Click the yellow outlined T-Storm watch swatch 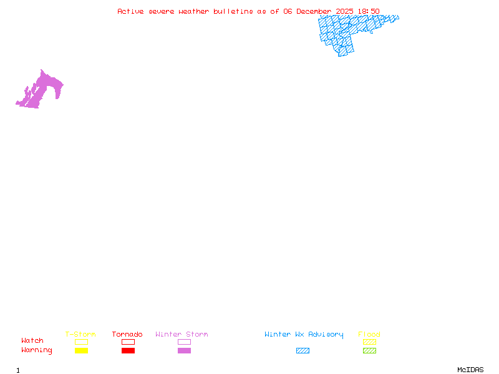(x=81, y=342)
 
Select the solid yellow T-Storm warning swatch (x=81, y=351)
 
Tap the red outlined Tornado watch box (x=128, y=342)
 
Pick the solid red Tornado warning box (x=128, y=351)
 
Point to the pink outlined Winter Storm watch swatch (x=184, y=342)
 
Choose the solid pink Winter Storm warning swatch (x=184, y=351)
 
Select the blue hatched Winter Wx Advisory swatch (x=303, y=351)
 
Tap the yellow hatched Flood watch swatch (x=369, y=342)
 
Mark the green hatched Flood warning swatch (x=369, y=351)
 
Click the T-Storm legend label (x=80, y=335)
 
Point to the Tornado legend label (x=127, y=335)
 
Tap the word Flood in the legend (x=369, y=335)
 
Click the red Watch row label (x=32, y=341)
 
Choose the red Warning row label (x=37, y=350)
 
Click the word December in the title (x=314, y=11)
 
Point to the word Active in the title (x=131, y=11)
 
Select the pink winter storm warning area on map (x=44, y=87)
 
